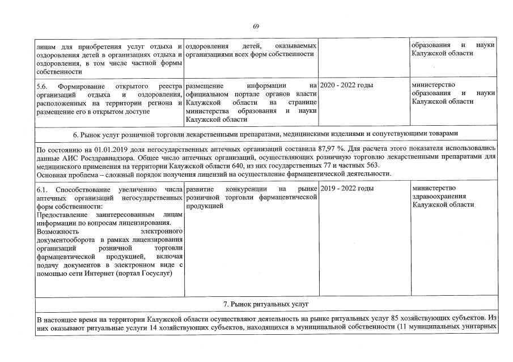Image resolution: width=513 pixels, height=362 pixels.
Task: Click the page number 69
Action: tap(256, 26)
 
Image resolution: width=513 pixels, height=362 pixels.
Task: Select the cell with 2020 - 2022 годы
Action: tap(346, 85)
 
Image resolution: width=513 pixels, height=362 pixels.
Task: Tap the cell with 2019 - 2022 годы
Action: tap(346, 188)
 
